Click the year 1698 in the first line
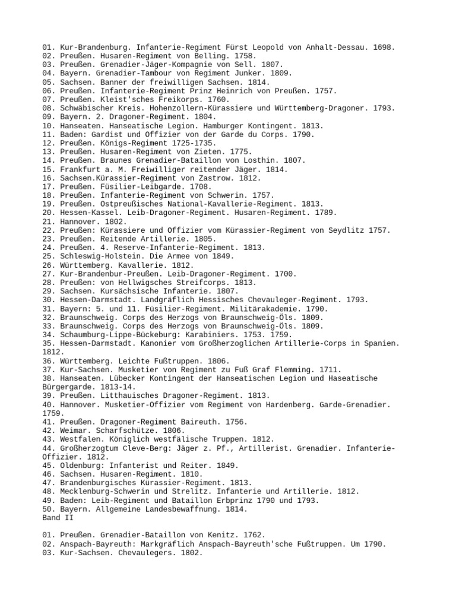pyautogui.click(x=384, y=47)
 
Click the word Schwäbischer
pyautogui.click(x=85, y=108)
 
